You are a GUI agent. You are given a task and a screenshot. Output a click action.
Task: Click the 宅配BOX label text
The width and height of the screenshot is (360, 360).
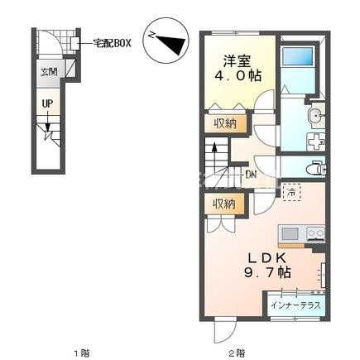[112, 43]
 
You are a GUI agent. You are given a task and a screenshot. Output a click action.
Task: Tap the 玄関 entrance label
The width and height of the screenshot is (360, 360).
[49, 72]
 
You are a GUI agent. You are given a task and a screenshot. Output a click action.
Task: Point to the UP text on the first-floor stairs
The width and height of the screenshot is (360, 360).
[47, 103]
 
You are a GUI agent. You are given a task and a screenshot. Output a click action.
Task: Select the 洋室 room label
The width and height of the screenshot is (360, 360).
[237, 61]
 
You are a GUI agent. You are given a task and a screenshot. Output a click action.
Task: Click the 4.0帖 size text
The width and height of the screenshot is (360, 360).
[238, 75]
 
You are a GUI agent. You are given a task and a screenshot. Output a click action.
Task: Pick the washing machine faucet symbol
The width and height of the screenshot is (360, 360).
[316, 142]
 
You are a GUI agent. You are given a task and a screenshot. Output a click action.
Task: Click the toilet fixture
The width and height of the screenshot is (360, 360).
[319, 167]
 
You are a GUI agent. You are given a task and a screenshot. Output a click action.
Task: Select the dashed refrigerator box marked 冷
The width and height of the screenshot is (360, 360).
[291, 193]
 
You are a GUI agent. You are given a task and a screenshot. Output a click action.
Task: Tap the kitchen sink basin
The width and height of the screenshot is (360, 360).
[289, 235]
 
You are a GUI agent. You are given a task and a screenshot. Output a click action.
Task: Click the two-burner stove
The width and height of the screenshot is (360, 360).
[315, 234]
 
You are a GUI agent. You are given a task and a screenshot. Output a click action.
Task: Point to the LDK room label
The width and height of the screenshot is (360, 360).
[266, 258]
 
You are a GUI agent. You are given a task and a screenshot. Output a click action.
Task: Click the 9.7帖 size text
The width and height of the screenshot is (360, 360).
[267, 272]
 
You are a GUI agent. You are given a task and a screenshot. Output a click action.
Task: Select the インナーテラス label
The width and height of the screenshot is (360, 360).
[295, 305]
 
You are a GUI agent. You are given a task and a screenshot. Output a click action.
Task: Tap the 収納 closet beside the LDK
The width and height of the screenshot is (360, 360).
[224, 204]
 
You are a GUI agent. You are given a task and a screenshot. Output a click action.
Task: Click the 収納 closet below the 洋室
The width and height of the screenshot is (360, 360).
[225, 123]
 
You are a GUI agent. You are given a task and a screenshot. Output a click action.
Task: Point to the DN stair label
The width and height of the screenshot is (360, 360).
[251, 175]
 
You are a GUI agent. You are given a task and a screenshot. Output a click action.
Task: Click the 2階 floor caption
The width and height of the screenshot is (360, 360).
[237, 353]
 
